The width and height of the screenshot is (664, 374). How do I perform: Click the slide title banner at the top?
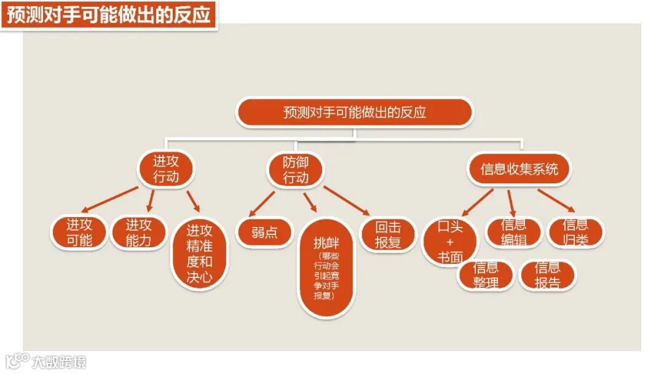click(x=109, y=14)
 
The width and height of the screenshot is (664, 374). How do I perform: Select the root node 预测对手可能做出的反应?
click(x=355, y=113)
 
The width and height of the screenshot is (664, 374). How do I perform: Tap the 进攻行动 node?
click(x=165, y=169)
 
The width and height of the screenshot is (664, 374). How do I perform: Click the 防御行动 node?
click(x=296, y=170)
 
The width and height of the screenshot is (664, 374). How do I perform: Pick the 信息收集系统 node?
click(x=519, y=169)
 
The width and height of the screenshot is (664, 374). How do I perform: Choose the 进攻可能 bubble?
click(x=79, y=233)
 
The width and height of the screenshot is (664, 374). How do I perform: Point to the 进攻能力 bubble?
click(x=138, y=233)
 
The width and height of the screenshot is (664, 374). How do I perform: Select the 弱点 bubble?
click(x=264, y=233)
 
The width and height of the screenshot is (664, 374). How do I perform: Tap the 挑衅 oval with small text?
click(x=326, y=268)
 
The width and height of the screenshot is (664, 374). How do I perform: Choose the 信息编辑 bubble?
click(x=513, y=233)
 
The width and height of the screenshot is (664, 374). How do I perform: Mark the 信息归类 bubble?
click(x=575, y=232)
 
